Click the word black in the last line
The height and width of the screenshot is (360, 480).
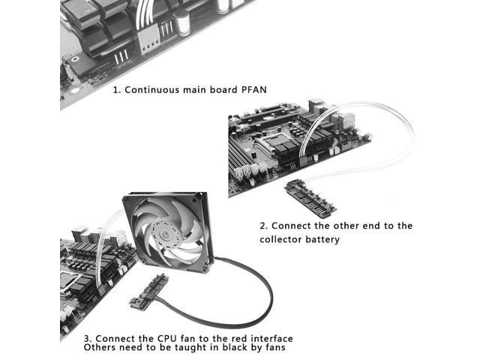[x=232, y=348]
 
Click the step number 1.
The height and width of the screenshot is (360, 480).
[x=116, y=90]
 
